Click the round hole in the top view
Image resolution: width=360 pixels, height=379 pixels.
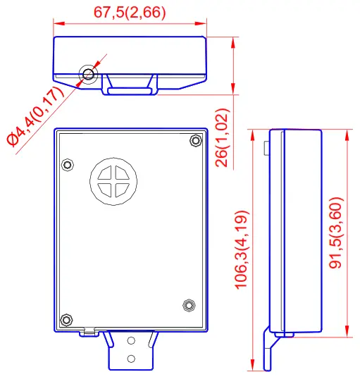click(88, 74)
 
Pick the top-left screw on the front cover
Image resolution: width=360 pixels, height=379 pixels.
click(68, 165)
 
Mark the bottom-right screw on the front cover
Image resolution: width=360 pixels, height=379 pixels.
click(188, 305)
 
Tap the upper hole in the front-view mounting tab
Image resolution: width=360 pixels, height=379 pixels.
click(131, 342)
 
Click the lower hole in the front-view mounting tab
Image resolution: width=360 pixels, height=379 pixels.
click(131, 359)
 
